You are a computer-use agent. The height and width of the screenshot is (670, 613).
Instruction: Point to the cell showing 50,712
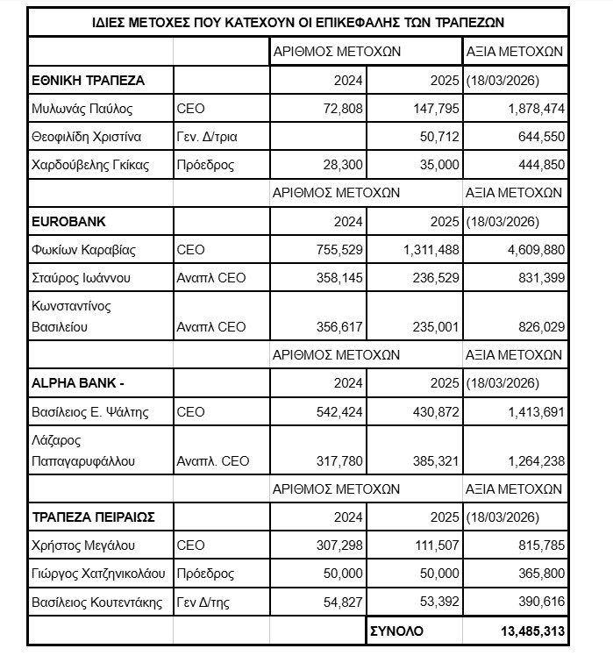[439, 137]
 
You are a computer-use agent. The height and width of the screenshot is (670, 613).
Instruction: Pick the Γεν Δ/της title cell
[205, 601]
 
